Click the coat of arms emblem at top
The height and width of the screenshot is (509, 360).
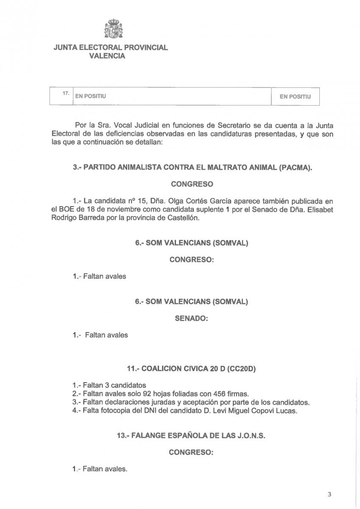113,29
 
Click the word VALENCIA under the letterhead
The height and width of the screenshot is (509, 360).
107,56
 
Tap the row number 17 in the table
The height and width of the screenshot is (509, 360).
66,93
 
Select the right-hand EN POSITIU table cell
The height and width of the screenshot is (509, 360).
295,97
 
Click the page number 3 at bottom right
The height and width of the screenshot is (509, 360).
329,494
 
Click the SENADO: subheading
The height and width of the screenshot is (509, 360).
191,318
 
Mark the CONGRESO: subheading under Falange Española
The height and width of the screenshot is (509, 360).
191,453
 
